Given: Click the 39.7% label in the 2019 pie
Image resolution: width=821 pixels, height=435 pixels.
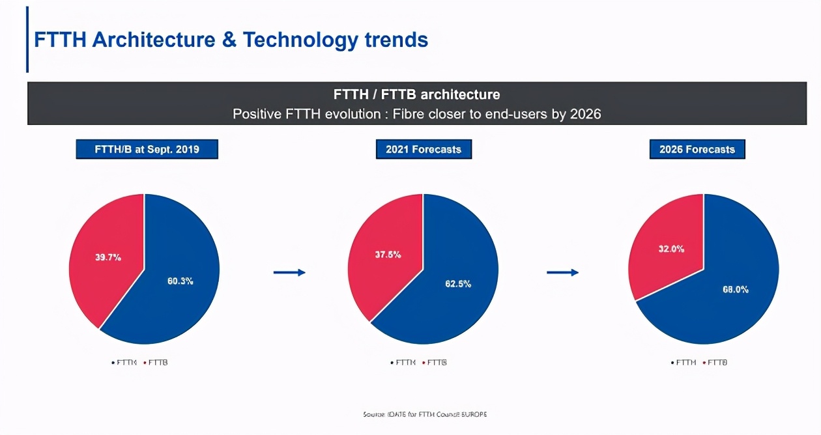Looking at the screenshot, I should [x=108, y=257].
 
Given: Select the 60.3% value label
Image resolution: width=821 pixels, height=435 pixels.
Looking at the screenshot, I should [x=180, y=281].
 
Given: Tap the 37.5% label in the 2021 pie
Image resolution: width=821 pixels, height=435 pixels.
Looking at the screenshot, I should [x=388, y=255].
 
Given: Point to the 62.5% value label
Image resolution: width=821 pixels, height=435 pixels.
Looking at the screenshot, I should [x=458, y=284].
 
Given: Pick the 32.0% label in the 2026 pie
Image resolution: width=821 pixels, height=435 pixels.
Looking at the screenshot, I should [x=670, y=248].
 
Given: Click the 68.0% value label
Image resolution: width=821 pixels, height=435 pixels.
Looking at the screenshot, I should [x=736, y=289].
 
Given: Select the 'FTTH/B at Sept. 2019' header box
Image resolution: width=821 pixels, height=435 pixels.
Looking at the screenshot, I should [x=147, y=149].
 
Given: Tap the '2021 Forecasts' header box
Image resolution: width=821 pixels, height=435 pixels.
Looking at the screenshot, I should [x=424, y=149].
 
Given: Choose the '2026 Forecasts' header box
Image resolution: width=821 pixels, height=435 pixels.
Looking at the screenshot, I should [x=697, y=149].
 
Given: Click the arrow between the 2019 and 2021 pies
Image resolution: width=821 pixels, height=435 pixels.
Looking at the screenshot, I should [x=289, y=272].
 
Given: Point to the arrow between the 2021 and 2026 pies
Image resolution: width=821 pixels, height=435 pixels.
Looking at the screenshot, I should [x=562, y=272].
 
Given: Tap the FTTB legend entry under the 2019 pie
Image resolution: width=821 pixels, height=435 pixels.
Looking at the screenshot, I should [x=158, y=362].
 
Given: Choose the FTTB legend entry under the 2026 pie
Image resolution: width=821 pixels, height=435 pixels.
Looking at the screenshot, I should [x=717, y=362].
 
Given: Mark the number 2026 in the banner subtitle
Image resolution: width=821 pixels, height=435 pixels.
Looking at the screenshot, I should [x=585, y=114].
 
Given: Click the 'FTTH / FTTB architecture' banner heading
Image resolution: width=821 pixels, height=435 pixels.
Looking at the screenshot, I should [x=417, y=94].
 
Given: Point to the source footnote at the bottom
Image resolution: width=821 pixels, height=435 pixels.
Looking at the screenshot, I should [x=425, y=414].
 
